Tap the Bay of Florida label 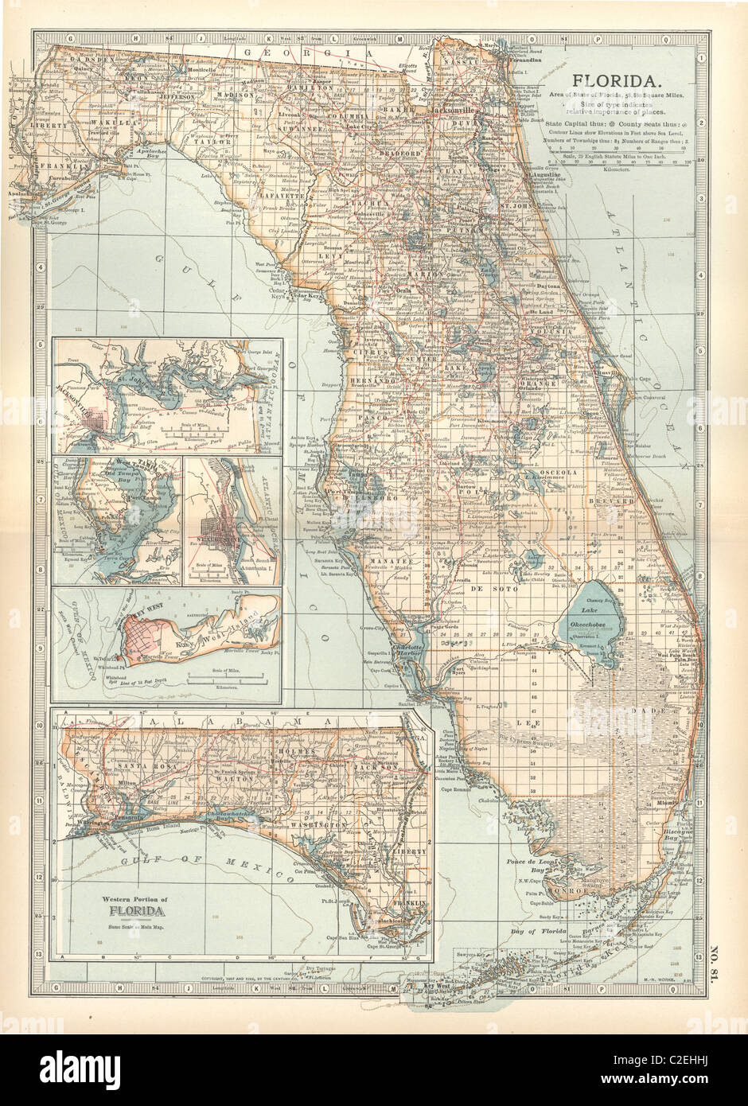tap(534, 930)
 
